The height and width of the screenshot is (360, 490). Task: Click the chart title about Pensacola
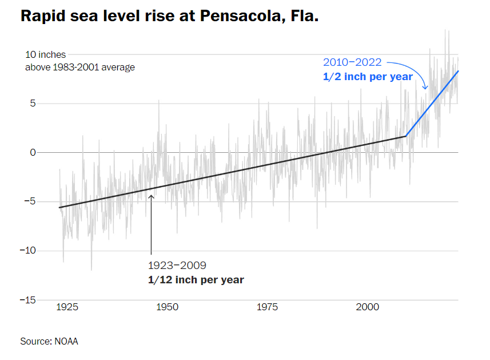coord(169,16)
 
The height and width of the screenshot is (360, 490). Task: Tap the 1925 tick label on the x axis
coord(67,307)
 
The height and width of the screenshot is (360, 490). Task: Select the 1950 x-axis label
coord(167,307)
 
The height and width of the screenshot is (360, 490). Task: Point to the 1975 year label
coord(267,307)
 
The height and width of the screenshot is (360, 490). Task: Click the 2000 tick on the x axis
coord(367,307)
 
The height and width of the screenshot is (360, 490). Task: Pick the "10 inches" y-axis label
coord(45,55)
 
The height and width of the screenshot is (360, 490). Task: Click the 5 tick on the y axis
coord(34,104)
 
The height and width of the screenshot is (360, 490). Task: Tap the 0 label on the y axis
coord(33,153)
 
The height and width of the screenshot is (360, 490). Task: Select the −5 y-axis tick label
coord(30,201)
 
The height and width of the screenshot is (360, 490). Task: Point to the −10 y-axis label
coord(28,251)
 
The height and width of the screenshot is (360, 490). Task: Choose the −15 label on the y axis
coord(28,300)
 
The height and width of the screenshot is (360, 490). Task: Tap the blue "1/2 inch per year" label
coord(368,77)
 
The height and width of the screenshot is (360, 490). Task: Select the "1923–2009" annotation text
coord(177,266)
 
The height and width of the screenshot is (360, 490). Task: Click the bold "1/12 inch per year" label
coord(196,280)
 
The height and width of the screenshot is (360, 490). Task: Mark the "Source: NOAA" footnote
coord(49,342)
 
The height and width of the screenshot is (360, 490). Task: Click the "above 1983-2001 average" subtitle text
coord(80,68)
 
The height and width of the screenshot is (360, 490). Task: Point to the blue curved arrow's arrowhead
coord(425,88)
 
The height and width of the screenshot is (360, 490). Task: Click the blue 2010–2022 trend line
coord(433,102)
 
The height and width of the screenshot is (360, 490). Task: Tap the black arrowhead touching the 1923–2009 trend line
coord(152,197)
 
